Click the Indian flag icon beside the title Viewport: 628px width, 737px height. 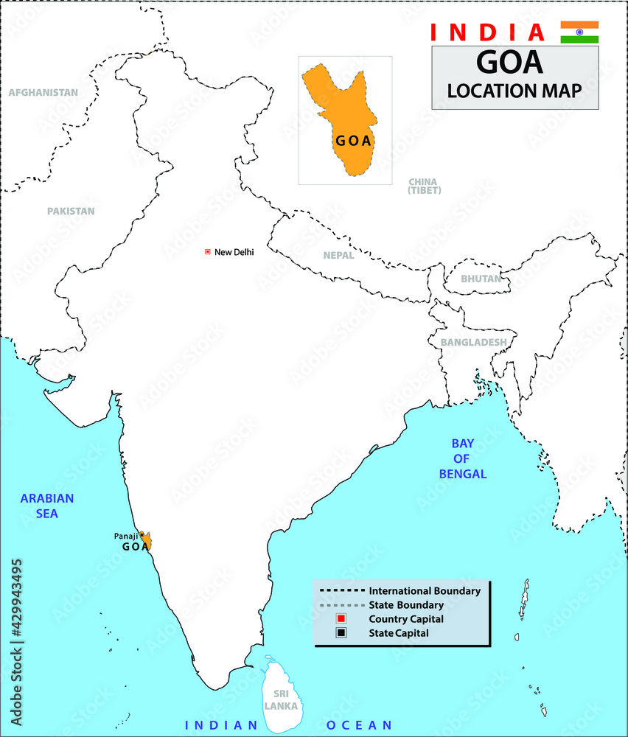pyautogui.click(x=579, y=32)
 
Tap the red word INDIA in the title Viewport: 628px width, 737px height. pyautogui.click(x=487, y=32)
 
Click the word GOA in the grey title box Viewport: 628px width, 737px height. pyautogui.click(x=509, y=62)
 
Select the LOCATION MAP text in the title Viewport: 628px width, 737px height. pyautogui.click(x=514, y=91)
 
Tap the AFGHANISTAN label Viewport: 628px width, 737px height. pyautogui.click(x=43, y=93)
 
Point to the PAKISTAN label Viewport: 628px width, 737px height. pyautogui.click(x=71, y=211)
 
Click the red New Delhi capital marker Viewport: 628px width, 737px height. pyautogui.click(x=208, y=252)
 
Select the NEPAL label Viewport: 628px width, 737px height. pyautogui.click(x=338, y=256)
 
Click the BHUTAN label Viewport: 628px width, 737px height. pyautogui.click(x=481, y=279)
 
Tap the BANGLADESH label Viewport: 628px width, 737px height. pyautogui.click(x=473, y=342)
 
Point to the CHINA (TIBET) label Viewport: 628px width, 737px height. pyautogui.click(x=423, y=186)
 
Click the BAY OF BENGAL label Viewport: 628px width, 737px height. pyautogui.click(x=463, y=458)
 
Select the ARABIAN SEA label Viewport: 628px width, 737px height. pyautogui.click(x=47, y=506)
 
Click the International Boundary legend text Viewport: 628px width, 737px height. pyautogui.click(x=425, y=591)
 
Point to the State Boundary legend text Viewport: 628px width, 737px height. pyautogui.click(x=406, y=605)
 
